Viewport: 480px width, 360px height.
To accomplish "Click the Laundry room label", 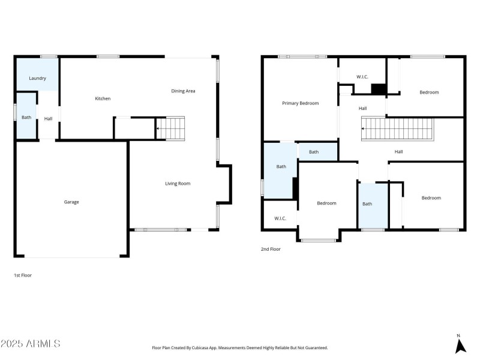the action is (37, 79).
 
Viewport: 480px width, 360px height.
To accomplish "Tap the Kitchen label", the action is (103, 98).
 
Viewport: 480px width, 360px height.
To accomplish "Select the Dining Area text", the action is (183, 91).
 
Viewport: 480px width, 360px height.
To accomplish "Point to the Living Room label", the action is (178, 184).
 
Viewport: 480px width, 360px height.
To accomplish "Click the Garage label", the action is (71, 202).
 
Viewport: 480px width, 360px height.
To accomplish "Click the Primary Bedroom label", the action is (301, 103).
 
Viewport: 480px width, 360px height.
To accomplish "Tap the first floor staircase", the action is (170, 128).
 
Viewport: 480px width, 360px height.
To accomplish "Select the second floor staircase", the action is (398, 129).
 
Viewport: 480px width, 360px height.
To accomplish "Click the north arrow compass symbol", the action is (460, 345).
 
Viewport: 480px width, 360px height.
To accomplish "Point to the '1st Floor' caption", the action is (23, 275).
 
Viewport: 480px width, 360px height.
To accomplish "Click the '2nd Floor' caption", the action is (271, 249).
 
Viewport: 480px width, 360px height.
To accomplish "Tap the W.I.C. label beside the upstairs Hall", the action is (362, 77).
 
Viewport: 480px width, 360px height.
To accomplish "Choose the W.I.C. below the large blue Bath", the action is (280, 218).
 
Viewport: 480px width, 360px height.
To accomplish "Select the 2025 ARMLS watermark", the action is (31, 343).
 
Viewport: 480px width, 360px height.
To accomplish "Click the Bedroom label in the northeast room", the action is (429, 92).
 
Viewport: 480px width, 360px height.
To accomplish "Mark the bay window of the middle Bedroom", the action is (319, 241).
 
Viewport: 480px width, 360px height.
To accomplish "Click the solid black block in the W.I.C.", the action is (379, 89).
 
